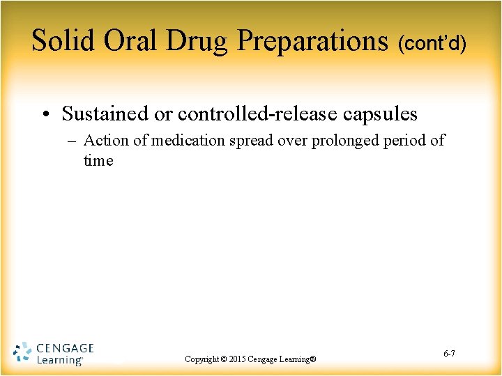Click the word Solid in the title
pyautogui.click(x=64, y=41)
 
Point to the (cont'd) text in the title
pyautogui.click(x=432, y=45)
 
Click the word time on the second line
pyautogui.click(x=98, y=161)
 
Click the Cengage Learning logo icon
pyautogui.click(x=22, y=353)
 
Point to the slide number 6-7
pyautogui.click(x=449, y=354)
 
